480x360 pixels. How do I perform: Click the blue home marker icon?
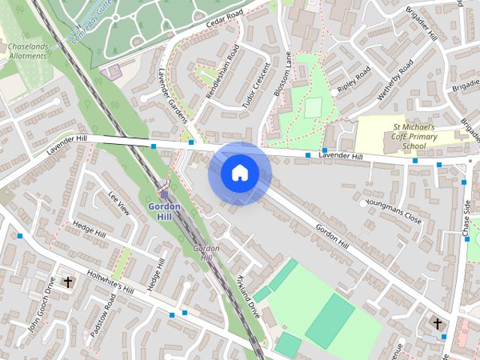(240, 173)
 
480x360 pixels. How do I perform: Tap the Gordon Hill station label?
(164, 211)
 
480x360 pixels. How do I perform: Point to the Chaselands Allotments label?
(29, 51)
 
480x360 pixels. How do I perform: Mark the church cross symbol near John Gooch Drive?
(68, 282)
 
